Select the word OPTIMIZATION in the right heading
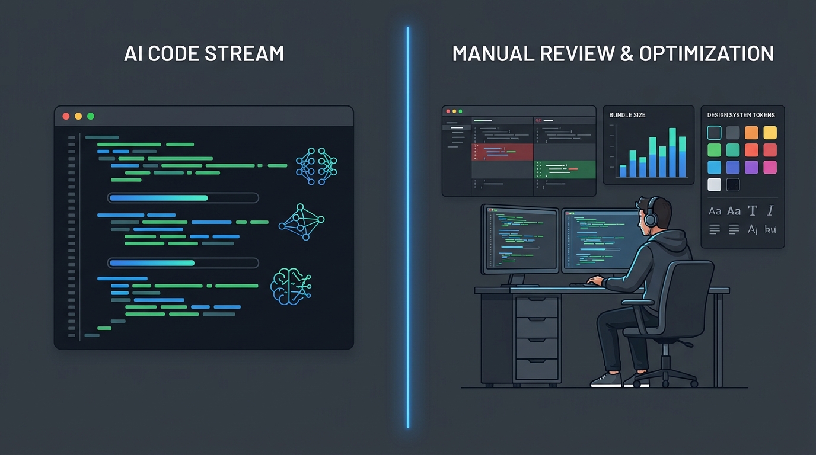point(706,53)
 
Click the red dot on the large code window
point(66,116)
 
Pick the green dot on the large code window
point(91,116)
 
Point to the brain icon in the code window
point(291,287)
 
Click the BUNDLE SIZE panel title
point(627,115)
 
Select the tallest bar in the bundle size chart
point(672,153)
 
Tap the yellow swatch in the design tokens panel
point(770,133)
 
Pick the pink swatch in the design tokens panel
point(770,167)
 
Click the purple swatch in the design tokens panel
point(751,167)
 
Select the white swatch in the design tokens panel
point(715,184)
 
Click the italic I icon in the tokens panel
point(770,211)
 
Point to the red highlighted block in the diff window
point(502,152)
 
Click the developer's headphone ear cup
point(651,220)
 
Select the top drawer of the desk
point(537,307)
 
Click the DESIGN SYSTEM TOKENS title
point(741,115)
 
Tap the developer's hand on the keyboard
point(594,281)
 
